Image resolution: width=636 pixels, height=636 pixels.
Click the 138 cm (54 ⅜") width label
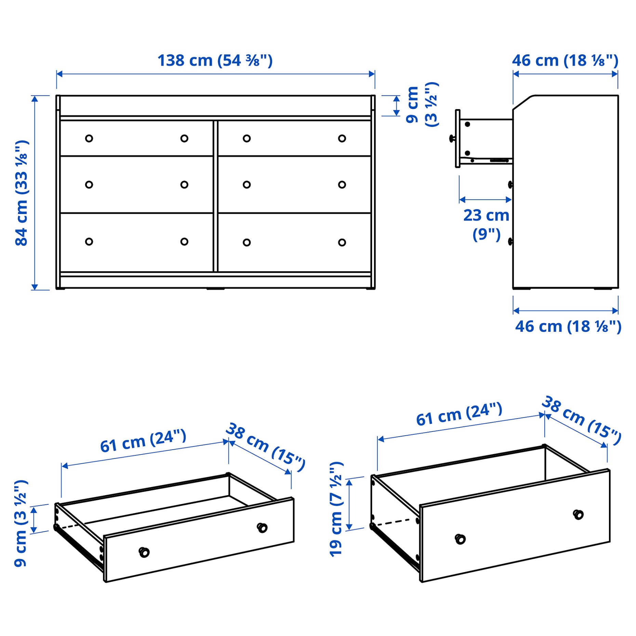tap(215, 61)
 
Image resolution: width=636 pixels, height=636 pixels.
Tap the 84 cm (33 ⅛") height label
tap(21, 193)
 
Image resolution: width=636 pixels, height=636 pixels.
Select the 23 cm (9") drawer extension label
tap(486, 224)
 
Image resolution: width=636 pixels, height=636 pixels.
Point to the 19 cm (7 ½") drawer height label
tap(336, 509)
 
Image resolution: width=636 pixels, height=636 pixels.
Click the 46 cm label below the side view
tap(568, 327)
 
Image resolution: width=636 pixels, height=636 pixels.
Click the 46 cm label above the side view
tap(565, 61)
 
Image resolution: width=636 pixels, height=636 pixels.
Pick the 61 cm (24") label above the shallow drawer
tap(143, 441)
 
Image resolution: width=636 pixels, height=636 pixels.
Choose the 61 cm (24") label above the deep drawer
tap(459, 414)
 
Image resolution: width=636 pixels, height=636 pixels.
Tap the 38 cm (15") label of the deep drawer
tap(581, 421)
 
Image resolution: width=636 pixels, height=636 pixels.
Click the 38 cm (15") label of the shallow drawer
tap(265, 447)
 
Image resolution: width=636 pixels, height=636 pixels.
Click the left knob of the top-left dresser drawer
tap(89, 138)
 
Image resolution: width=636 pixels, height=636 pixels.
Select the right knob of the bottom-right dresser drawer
tap(342, 242)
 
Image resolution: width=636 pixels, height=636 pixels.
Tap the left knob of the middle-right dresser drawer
tap(247, 185)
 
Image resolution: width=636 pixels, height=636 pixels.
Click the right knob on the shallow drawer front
tap(262, 528)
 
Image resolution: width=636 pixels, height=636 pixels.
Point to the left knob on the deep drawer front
tap(460, 539)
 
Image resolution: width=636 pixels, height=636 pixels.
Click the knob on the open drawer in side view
tap(452, 138)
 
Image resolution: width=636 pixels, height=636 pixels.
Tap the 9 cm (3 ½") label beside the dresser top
tap(422, 104)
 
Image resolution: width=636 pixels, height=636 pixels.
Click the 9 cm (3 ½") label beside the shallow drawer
tap(21, 523)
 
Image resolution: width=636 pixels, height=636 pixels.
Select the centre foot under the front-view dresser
tap(215, 289)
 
